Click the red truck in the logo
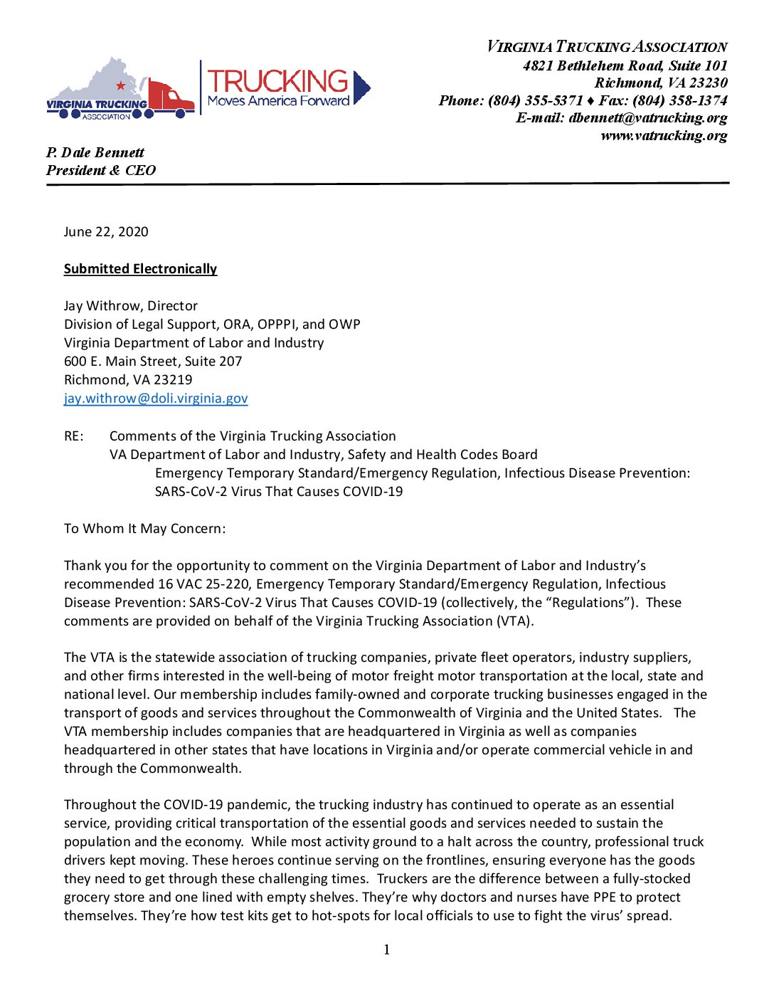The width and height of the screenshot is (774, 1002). point(171,97)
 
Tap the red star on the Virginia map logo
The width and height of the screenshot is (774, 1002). point(121,85)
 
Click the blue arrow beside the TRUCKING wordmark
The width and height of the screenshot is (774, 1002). point(361,88)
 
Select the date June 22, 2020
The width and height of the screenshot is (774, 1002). point(106,231)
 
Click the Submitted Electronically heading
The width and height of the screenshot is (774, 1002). point(140,268)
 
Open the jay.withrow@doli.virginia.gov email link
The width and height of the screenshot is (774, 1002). point(156,398)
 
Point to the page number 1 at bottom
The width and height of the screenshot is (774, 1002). point(386,949)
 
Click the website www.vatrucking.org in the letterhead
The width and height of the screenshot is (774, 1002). point(664,135)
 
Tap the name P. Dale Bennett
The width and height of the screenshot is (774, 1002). point(95,152)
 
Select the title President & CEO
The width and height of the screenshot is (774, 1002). point(101,170)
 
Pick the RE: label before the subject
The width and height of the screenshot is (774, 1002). point(73,436)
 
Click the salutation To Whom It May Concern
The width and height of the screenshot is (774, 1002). point(144,528)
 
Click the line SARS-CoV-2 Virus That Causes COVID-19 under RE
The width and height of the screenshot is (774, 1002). point(279,491)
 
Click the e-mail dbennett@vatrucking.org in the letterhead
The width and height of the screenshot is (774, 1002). point(647,117)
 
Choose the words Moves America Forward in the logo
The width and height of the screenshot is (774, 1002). point(278,101)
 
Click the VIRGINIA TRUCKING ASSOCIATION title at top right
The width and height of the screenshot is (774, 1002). point(607,47)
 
